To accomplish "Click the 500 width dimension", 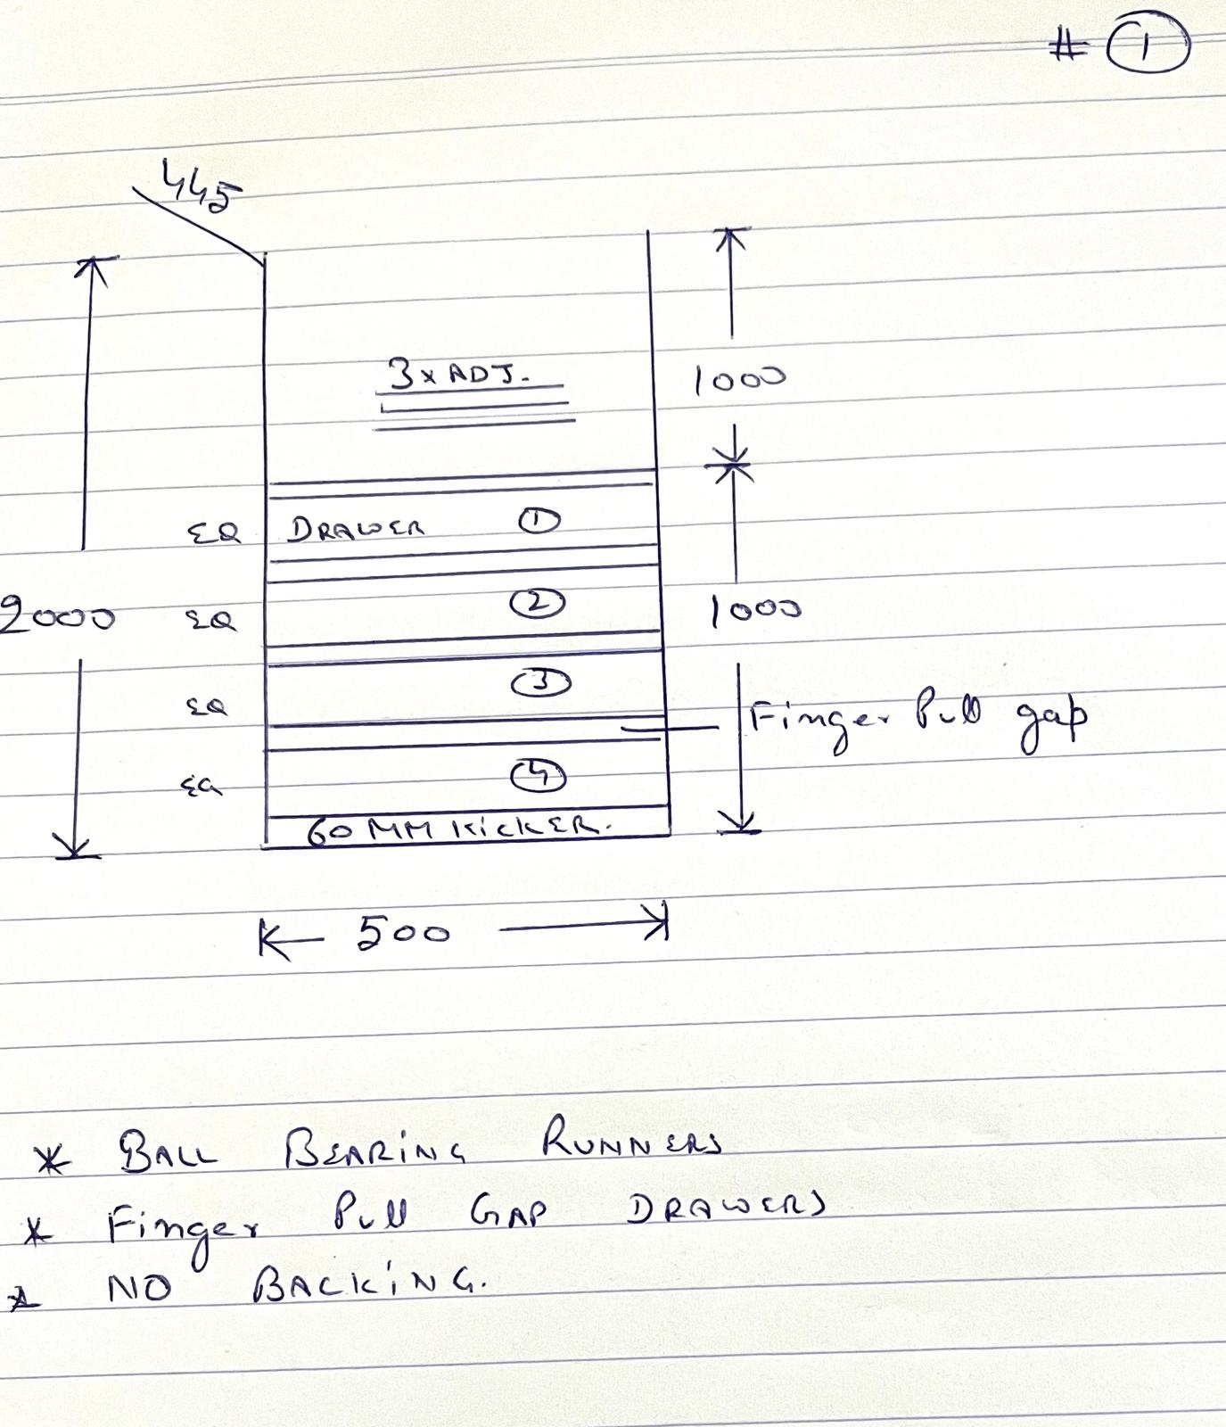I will (403, 933).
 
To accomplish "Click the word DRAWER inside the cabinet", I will (356, 529).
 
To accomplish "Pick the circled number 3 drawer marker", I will (540, 683).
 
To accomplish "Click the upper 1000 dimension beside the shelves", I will (739, 380).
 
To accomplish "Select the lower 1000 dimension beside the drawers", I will (755, 610).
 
